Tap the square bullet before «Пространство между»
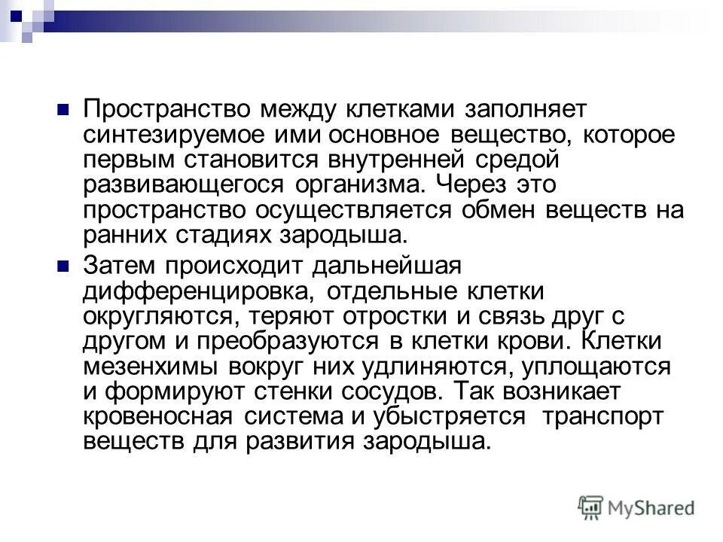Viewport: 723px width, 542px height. [x=64, y=108]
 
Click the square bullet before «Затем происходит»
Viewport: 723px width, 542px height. [x=64, y=264]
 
